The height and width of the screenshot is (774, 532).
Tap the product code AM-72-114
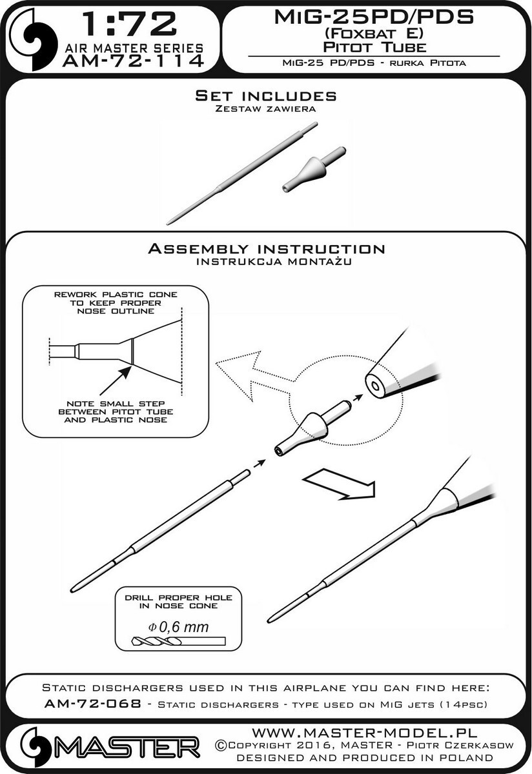(x=132, y=61)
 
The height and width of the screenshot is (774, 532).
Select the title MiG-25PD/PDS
(x=374, y=17)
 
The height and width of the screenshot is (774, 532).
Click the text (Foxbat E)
(x=373, y=34)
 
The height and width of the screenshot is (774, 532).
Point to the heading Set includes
(x=265, y=95)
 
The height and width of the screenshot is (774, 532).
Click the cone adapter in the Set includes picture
(x=314, y=169)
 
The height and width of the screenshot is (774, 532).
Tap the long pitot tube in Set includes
(x=241, y=174)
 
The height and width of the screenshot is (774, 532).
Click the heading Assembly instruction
(x=267, y=249)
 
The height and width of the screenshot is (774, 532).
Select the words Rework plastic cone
(x=116, y=295)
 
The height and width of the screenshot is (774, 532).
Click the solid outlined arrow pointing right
(x=340, y=483)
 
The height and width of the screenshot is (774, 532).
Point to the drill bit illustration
(x=178, y=642)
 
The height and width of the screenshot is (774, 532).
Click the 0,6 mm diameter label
(x=178, y=626)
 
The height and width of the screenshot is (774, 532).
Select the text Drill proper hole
(x=178, y=597)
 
